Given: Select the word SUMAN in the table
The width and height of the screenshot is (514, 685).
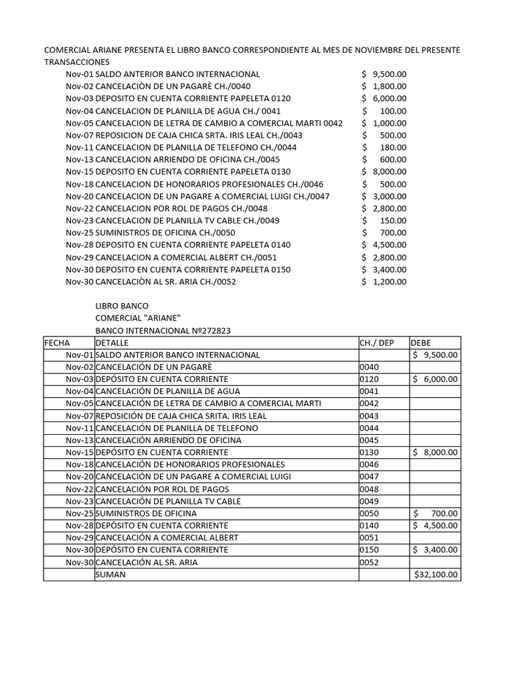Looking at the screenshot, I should click(x=110, y=575).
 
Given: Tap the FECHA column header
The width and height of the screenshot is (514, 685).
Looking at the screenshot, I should click(x=57, y=342).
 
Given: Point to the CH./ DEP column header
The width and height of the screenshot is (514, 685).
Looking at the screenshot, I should click(x=377, y=342).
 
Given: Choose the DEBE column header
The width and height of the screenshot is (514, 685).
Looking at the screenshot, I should click(x=421, y=342).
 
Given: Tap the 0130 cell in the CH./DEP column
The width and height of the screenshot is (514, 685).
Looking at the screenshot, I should click(x=369, y=452).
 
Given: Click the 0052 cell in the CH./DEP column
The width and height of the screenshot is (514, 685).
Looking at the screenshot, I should click(x=369, y=563).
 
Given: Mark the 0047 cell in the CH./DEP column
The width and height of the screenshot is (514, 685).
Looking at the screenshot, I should click(x=369, y=477).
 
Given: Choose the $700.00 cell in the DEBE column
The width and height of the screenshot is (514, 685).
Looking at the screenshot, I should click(x=436, y=513).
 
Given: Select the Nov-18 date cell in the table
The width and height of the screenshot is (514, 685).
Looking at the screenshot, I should click(x=80, y=465).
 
